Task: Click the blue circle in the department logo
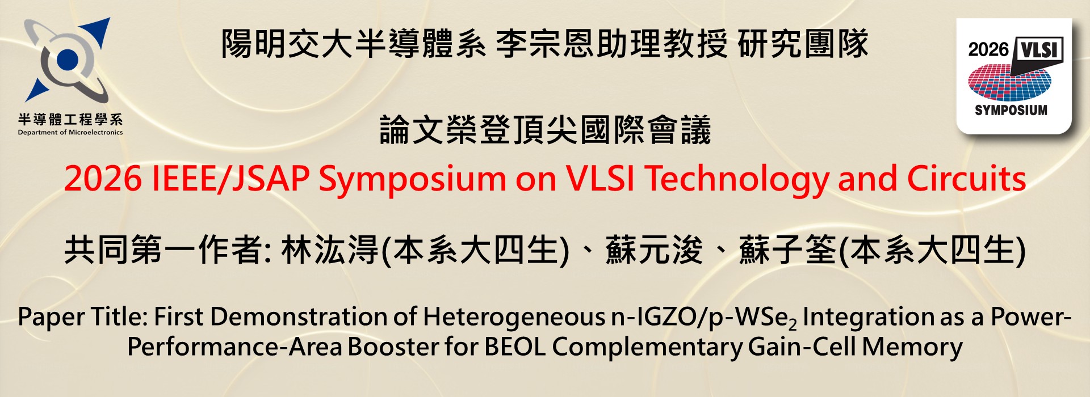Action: [x=68, y=58]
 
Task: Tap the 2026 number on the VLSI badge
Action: [x=988, y=49]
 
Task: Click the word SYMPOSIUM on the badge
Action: [x=1011, y=110]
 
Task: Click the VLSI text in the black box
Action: [x=1039, y=50]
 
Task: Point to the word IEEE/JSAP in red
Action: [x=230, y=179]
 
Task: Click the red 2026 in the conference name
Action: [x=103, y=179]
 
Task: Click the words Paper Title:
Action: [x=83, y=316]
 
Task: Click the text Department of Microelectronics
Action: [x=70, y=133]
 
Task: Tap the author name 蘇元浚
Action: [x=654, y=250]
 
